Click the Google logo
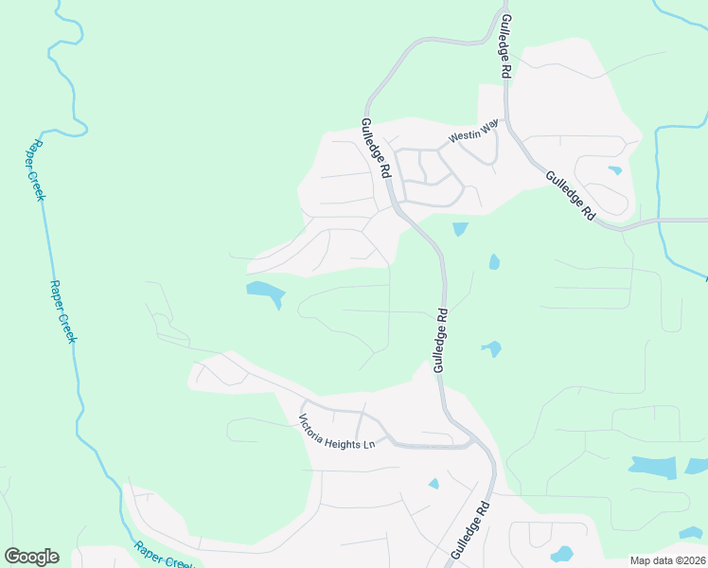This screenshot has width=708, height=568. point(31,557)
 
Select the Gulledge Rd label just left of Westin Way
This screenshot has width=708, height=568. point(376,149)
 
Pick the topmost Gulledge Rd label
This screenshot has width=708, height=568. point(505,45)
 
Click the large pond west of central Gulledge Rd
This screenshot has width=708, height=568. point(263,293)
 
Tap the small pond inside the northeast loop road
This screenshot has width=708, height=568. point(615,170)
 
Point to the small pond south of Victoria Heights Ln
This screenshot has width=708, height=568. point(434,484)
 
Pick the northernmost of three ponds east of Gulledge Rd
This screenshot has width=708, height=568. point(460,228)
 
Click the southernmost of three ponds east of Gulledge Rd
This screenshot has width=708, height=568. point(491,349)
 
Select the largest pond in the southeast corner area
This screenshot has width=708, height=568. point(654,466)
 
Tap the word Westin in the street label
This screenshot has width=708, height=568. point(462,136)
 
